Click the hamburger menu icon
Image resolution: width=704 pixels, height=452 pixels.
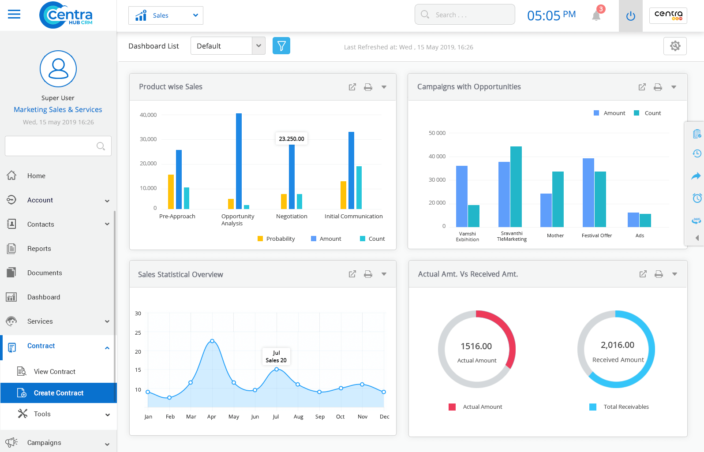pos(14,15)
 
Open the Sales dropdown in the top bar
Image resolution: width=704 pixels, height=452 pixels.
pos(165,15)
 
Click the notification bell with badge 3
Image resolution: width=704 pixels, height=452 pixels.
pos(596,15)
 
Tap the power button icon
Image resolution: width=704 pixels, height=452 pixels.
pos(630,16)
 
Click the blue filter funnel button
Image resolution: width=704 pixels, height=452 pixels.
pos(281,46)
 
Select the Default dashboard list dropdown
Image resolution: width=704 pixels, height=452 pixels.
pos(228,46)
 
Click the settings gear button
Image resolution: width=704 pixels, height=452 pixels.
pos(674,46)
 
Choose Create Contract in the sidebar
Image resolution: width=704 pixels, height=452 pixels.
pos(58,393)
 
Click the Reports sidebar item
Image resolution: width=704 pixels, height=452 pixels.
pos(39,249)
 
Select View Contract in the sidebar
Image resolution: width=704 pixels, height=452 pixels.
pos(54,372)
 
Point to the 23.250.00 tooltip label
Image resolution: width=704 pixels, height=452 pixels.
pos(291,139)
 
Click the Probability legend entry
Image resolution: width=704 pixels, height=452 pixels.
pos(276,239)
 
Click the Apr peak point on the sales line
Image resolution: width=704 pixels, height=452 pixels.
pos(212,341)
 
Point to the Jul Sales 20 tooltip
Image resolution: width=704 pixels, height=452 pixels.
pos(276,356)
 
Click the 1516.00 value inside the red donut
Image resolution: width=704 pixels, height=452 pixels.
pos(476,347)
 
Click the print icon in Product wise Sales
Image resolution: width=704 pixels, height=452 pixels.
pos(368,87)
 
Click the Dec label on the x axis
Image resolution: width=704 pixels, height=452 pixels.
pos(384,417)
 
